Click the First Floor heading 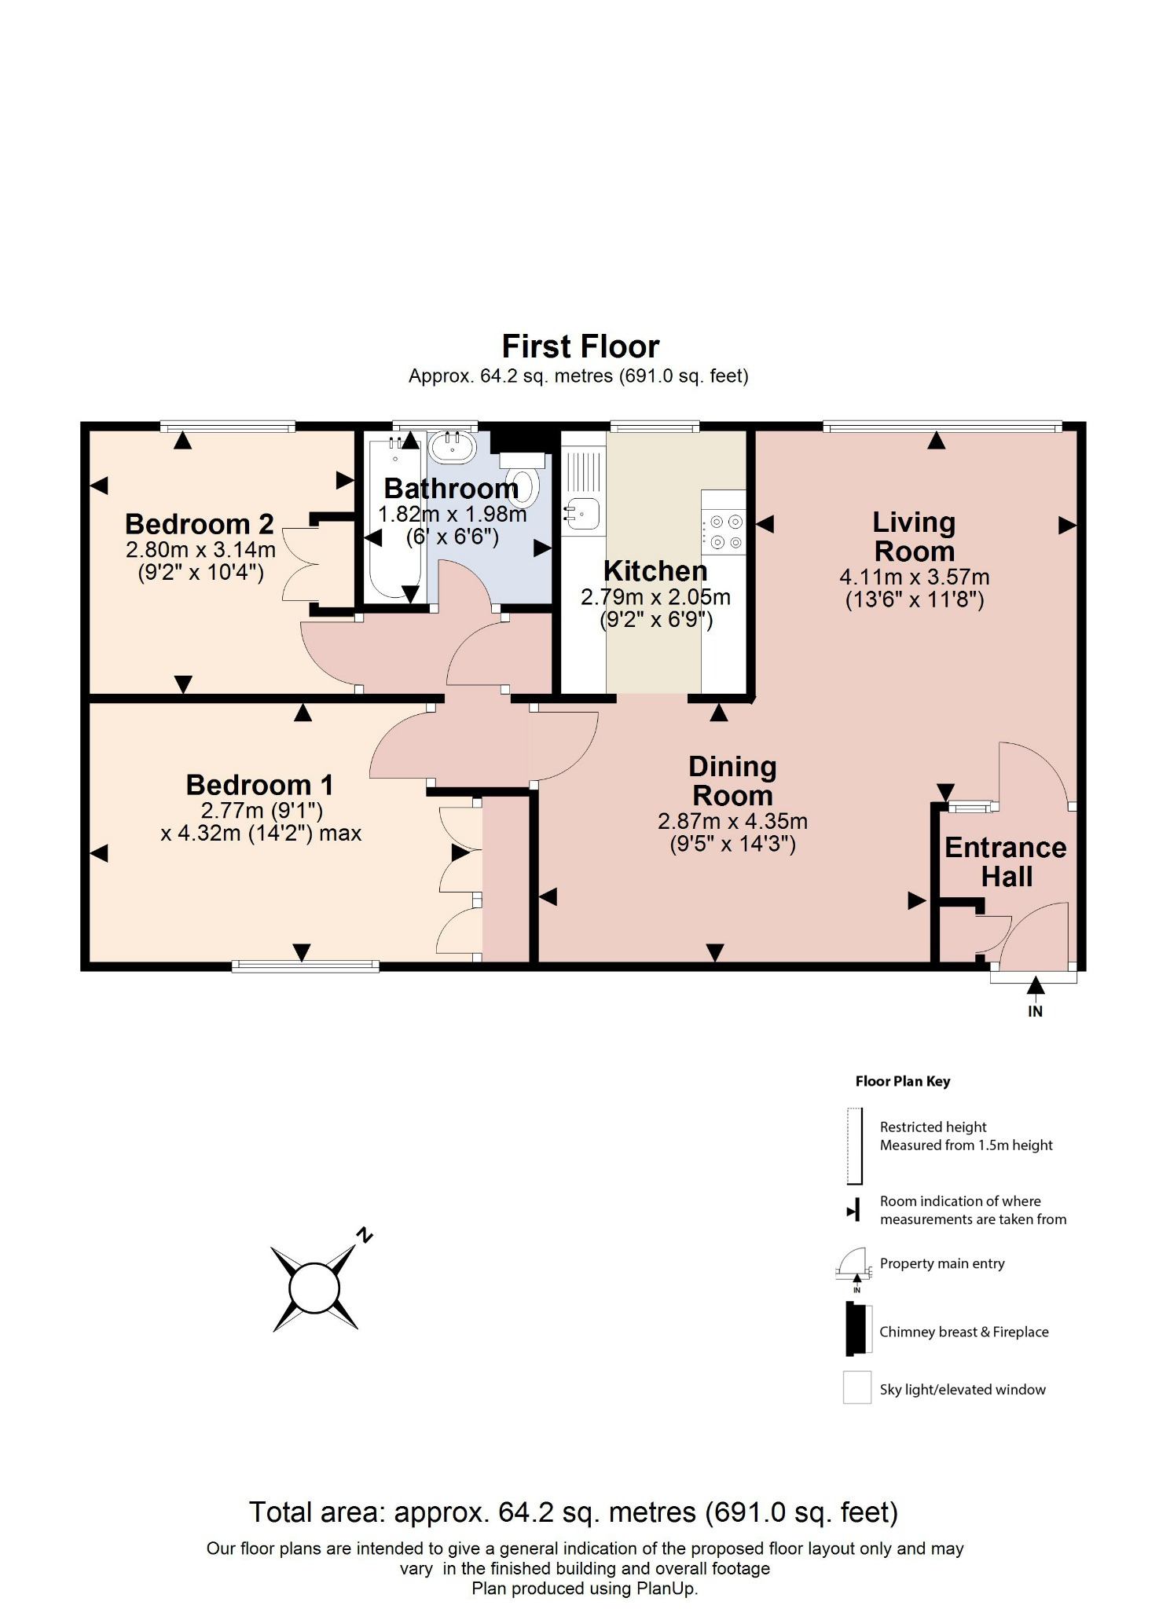click(x=580, y=346)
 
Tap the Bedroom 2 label click(x=200, y=524)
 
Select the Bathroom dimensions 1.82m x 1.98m click(x=452, y=515)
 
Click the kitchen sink click(x=583, y=514)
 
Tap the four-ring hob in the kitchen click(x=724, y=531)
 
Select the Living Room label click(x=914, y=537)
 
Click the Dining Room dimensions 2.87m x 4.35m click(x=732, y=822)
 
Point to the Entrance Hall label click(x=1005, y=862)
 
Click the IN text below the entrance click(x=1035, y=1012)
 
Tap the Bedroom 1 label click(x=259, y=785)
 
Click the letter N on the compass click(x=364, y=1235)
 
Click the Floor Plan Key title click(x=903, y=1081)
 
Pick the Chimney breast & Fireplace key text click(x=963, y=1332)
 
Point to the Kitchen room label click(x=655, y=571)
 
